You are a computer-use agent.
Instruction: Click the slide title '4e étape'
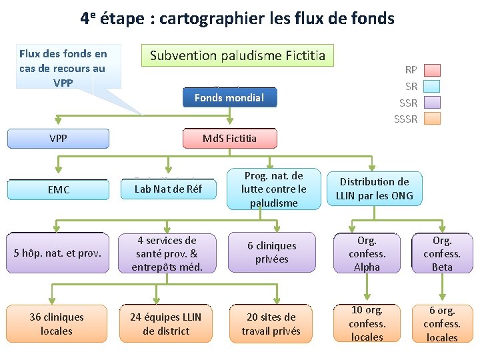tap(238, 18)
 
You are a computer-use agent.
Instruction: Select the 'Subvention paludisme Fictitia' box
tap(237, 55)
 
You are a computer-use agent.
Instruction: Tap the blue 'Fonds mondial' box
tap(229, 97)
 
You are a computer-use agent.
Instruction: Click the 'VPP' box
tap(58, 139)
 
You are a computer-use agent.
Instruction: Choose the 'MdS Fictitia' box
tap(229, 139)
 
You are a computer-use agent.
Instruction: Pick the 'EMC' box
tap(58, 190)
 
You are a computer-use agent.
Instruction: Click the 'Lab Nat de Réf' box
tap(167, 189)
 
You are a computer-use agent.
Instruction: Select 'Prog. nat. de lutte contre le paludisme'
tap(273, 189)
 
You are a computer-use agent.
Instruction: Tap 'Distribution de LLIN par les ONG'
tap(374, 189)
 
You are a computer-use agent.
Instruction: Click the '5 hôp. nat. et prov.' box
tap(58, 253)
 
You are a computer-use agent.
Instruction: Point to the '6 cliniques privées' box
tap(272, 253)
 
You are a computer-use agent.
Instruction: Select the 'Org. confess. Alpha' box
tap(367, 253)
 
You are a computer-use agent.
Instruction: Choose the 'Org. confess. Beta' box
tap(442, 253)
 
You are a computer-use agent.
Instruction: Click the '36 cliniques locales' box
tap(57, 323)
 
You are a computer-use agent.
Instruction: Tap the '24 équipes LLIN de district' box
tap(167, 323)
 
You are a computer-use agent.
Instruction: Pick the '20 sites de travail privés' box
tap(271, 323)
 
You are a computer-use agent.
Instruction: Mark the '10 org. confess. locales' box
tap(367, 323)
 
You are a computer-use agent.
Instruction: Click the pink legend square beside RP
tap(433, 70)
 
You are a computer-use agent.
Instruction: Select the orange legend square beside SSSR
tap(433, 119)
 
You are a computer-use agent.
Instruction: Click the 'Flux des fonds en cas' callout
tap(63, 67)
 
